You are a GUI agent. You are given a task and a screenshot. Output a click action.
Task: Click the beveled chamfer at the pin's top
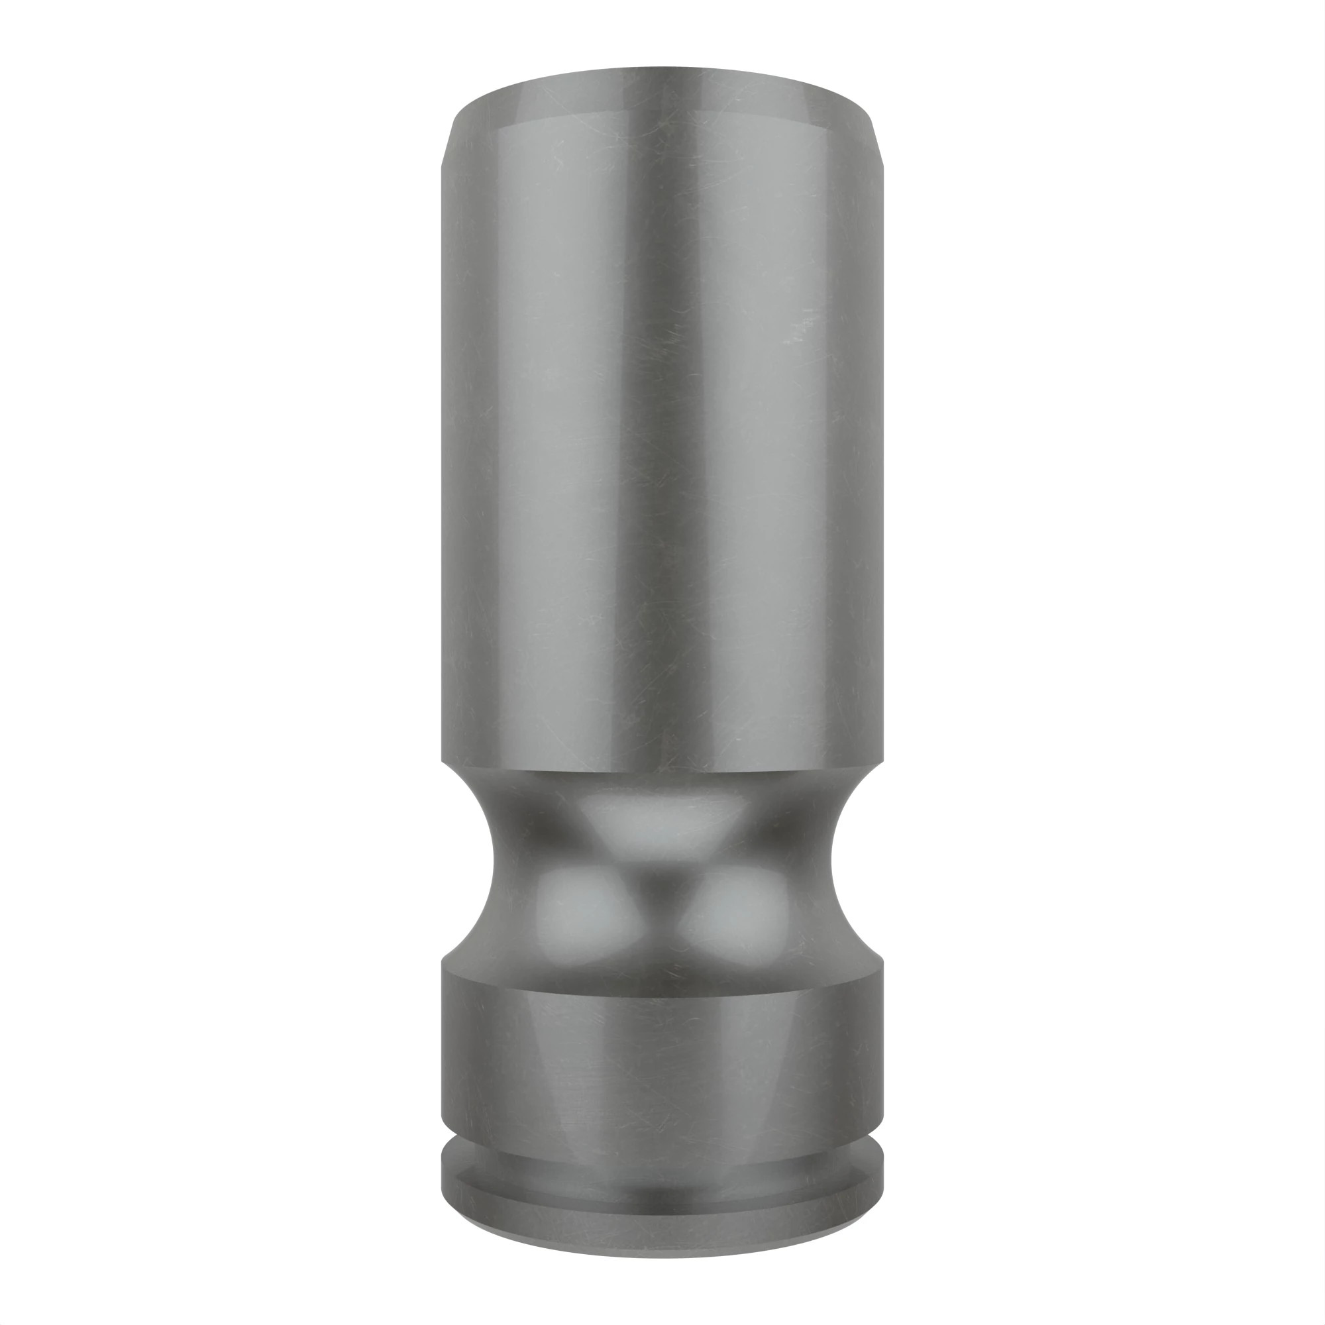coord(662,96)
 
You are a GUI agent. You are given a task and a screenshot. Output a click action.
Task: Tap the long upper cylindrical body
coord(662,446)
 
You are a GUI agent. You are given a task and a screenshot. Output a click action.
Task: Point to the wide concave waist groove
coord(662,871)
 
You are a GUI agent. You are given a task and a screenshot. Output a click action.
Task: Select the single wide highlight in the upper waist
coord(662,823)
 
